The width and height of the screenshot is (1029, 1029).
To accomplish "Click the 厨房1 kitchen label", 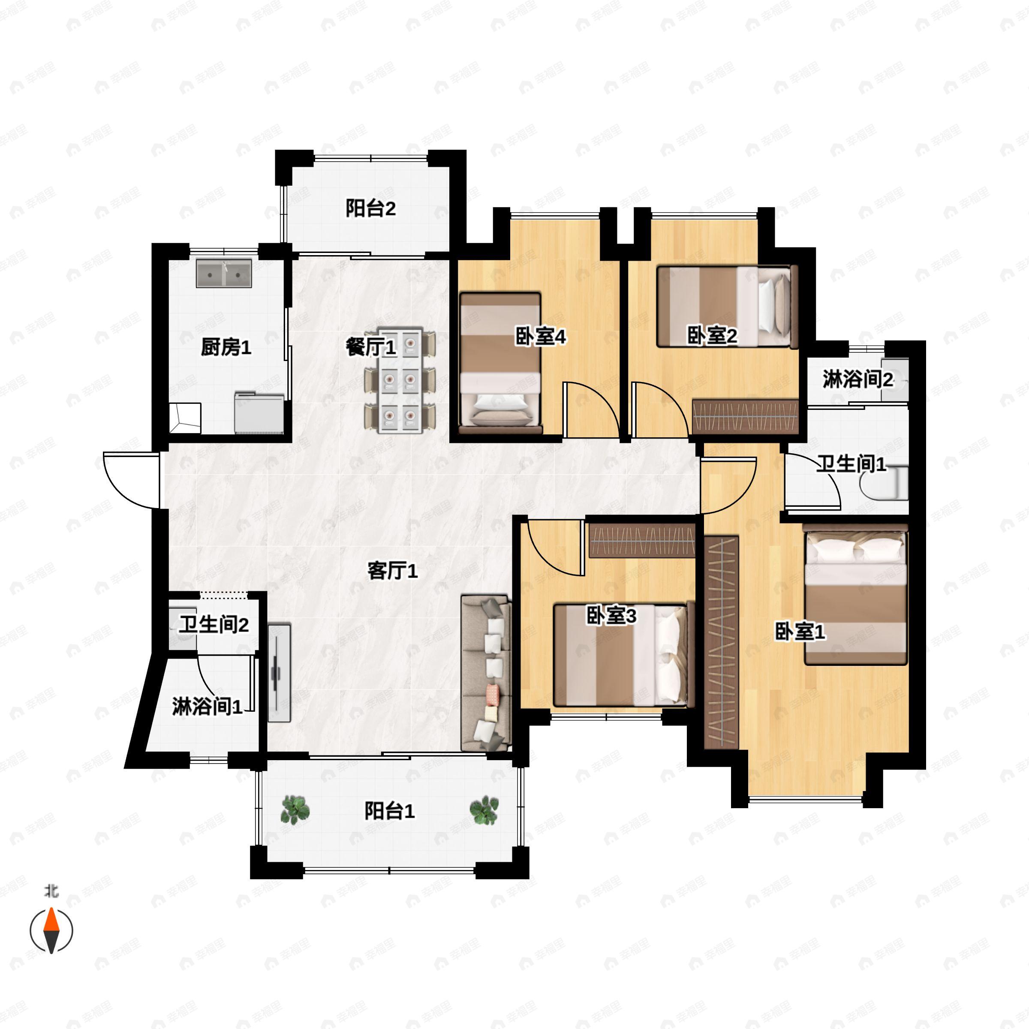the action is tap(226, 348).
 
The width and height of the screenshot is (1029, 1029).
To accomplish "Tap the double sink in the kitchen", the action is tap(224, 273).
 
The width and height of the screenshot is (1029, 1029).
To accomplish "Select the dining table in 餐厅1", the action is tap(400, 380).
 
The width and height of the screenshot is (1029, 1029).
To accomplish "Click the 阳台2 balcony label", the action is tap(371, 208).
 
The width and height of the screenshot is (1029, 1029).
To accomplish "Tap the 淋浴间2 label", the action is tap(857, 380).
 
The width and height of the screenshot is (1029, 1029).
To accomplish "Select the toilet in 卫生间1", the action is tap(884, 483).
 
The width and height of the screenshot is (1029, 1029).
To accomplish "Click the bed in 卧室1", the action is tap(855, 594).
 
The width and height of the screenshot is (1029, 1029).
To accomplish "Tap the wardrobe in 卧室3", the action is tap(642, 540).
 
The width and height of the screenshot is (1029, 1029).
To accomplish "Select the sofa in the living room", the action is tap(486, 673).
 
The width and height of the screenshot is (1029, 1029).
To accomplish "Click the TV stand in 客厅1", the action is tap(279, 673).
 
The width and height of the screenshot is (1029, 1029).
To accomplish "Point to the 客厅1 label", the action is tap(393, 572).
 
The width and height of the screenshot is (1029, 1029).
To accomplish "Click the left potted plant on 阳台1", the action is tap(295, 810).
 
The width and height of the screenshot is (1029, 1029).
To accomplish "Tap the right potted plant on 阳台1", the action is tap(484, 810).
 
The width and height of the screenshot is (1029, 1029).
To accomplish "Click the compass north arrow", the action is tap(51, 930).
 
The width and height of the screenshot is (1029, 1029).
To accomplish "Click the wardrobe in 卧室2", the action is tap(745, 417).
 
